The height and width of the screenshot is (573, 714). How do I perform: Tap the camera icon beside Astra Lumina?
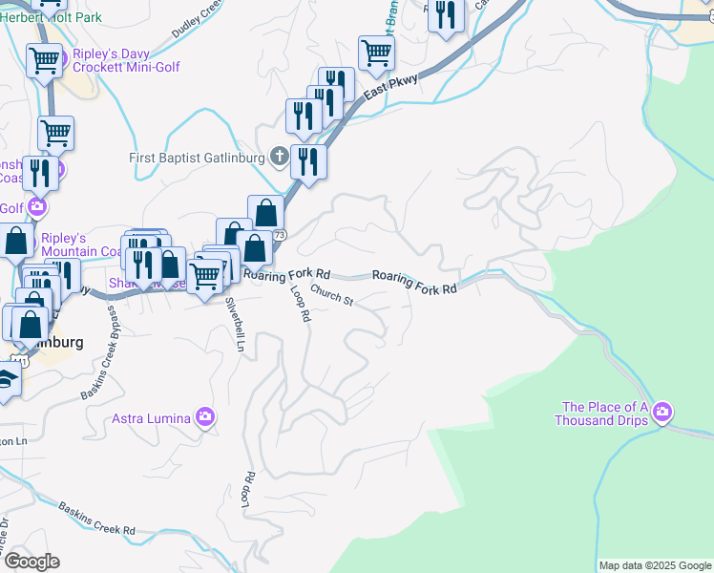pos(204,417)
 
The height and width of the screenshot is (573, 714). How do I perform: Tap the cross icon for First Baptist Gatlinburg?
pos(279,156)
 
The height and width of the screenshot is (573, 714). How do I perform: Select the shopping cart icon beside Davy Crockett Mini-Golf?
pos(44,62)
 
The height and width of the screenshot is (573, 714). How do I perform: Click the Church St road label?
pos(331,299)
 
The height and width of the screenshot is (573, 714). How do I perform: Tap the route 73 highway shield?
pos(279,234)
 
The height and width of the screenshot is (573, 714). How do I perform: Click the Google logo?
pos(31,562)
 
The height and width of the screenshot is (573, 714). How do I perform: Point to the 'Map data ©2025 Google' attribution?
pos(654,565)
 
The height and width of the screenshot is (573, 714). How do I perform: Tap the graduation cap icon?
pos(5,380)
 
